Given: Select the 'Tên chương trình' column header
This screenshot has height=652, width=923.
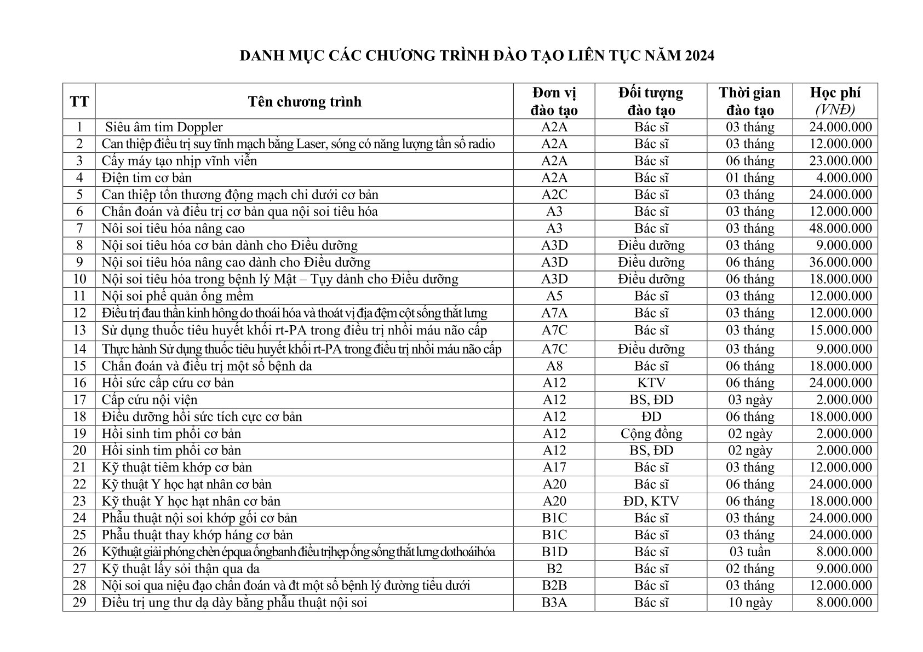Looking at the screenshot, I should pyautogui.click(x=304, y=102).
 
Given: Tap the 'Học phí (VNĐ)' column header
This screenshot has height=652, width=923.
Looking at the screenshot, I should pyautogui.click(x=835, y=101).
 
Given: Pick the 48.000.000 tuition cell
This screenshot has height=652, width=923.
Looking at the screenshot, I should pyautogui.click(x=840, y=228).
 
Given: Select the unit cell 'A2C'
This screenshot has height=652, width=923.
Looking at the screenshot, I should pyautogui.click(x=554, y=195).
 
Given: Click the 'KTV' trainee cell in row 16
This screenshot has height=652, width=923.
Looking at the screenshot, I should pyautogui.click(x=651, y=383).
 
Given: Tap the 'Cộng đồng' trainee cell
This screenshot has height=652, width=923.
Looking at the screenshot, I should pyautogui.click(x=651, y=434).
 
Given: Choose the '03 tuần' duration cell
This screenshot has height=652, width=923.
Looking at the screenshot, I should pyautogui.click(x=750, y=552).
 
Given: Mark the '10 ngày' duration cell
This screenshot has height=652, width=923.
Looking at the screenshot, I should pyautogui.click(x=750, y=603).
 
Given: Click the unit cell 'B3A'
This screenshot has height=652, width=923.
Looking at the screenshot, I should pyautogui.click(x=554, y=603).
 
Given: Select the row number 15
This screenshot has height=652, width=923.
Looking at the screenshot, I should pyautogui.click(x=79, y=366).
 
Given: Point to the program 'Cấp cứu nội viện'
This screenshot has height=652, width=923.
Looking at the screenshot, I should pyautogui.click(x=150, y=400).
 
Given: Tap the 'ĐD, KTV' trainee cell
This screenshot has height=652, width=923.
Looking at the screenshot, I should pyautogui.click(x=651, y=501).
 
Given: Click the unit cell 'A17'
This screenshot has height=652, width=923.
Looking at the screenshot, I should pyautogui.click(x=554, y=468).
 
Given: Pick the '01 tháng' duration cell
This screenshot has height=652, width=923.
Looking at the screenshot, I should pyautogui.click(x=750, y=178).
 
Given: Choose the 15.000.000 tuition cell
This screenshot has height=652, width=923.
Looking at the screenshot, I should pyautogui.click(x=840, y=330).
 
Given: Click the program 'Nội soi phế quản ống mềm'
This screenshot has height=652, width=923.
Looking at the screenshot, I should pyautogui.click(x=177, y=296).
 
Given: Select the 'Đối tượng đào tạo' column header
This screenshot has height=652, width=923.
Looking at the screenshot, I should pyautogui.click(x=651, y=101).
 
